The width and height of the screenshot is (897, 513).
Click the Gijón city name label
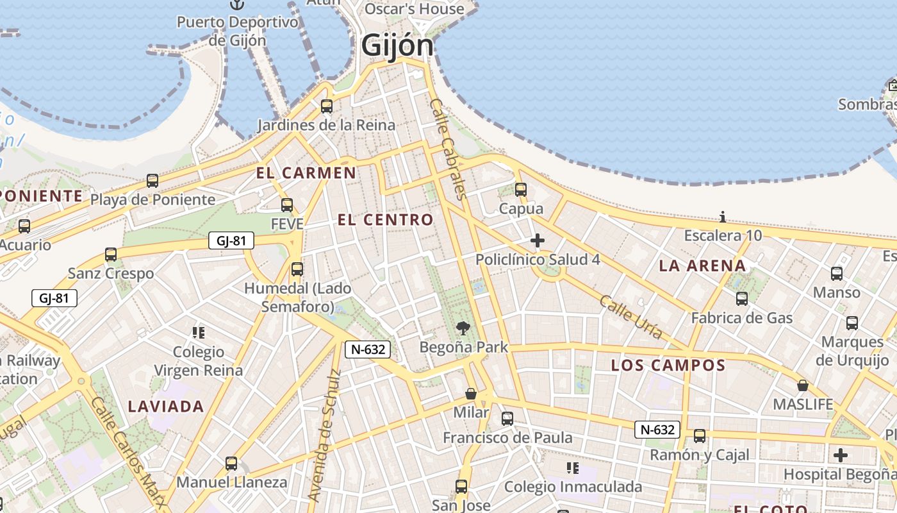tap(397, 46)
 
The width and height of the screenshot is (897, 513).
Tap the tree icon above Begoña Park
tap(463, 329)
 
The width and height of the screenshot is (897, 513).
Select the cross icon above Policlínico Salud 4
tap(538, 241)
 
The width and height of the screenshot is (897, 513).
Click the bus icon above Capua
tap(520, 190)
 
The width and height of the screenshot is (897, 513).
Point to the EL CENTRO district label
tap(386, 220)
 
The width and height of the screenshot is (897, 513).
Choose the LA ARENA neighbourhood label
tap(702, 265)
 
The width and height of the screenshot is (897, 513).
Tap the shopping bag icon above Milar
tap(471, 393)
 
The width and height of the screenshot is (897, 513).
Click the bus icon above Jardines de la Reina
tap(327, 106)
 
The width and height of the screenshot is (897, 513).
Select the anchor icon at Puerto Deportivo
tap(238, 5)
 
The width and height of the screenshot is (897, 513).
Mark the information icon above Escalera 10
tap(723, 217)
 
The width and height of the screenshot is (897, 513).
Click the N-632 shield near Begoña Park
tap(368, 349)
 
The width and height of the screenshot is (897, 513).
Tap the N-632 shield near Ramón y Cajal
tap(657, 430)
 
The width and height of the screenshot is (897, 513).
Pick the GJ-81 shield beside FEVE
tap(231, 241)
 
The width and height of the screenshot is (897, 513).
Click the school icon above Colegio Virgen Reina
tap(199, 333)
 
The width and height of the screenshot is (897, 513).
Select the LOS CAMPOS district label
tap(668, 366)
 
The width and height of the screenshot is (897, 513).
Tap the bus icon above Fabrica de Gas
tap(741, 299)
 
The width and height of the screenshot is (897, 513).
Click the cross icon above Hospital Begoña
tap(841, 455)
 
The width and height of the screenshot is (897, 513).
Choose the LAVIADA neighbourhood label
tap(166, 406)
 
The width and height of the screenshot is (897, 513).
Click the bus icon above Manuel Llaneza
tap(231, 463)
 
